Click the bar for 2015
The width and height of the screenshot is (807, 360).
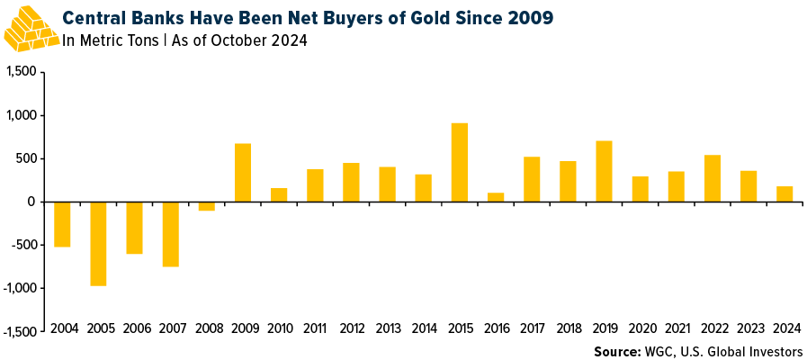(x=459, y=162)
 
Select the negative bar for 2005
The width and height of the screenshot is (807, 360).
(x=98, y=243)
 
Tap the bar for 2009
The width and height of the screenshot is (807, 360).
(x=242, y=172)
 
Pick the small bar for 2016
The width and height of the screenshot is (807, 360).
(x=495, y=197)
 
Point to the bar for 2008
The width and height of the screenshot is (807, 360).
(x=206, y=206)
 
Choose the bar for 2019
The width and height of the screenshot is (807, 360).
(x=603, y=171)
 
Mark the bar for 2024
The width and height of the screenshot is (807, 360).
(x=784, y=193)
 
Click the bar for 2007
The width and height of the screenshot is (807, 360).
(x=170, y=234)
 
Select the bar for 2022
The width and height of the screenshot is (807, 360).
(x=712, y=178)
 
